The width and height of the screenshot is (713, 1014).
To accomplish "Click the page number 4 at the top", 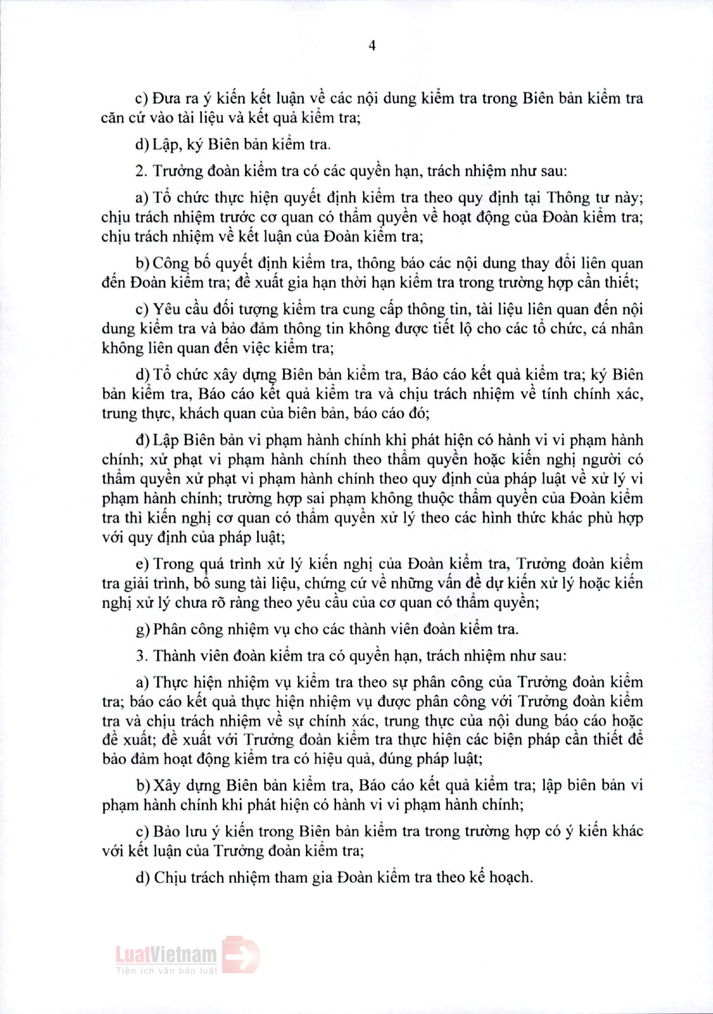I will tap(372, 45).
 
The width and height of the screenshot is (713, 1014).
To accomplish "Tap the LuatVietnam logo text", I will tap(166, 955).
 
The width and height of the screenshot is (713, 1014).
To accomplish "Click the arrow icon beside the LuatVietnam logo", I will tap(241, 955).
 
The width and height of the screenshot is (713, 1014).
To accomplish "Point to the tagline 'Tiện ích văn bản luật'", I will tap(167, 971).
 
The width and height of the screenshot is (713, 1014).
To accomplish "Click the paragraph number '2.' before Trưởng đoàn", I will tap(142, 171).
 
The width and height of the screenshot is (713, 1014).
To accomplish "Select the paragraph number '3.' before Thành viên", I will tap(142, 656).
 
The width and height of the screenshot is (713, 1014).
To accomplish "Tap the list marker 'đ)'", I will tap(143, 440).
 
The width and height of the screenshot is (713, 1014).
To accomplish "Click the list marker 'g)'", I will tap(143, 629).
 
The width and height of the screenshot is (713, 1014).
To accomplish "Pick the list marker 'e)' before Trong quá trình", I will tap(142, 564).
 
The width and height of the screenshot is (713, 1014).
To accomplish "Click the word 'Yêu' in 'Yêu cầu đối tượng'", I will tap(166, 309).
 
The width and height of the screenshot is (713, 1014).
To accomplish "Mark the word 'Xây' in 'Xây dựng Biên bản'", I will tap(167, 785).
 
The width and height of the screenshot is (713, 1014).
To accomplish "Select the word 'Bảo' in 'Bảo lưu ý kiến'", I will tap(167, 831).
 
